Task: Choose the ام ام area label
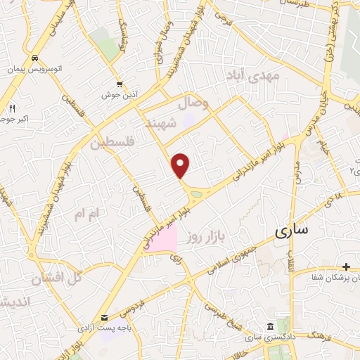[x=89, y=212]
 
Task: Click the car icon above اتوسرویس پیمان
[x=34, y=58]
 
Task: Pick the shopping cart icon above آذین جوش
[x=119, y=82]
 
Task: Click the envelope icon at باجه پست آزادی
[x=105, y=318]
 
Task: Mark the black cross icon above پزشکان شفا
[x=346, y=266]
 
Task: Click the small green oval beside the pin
[x=197, y=193]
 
